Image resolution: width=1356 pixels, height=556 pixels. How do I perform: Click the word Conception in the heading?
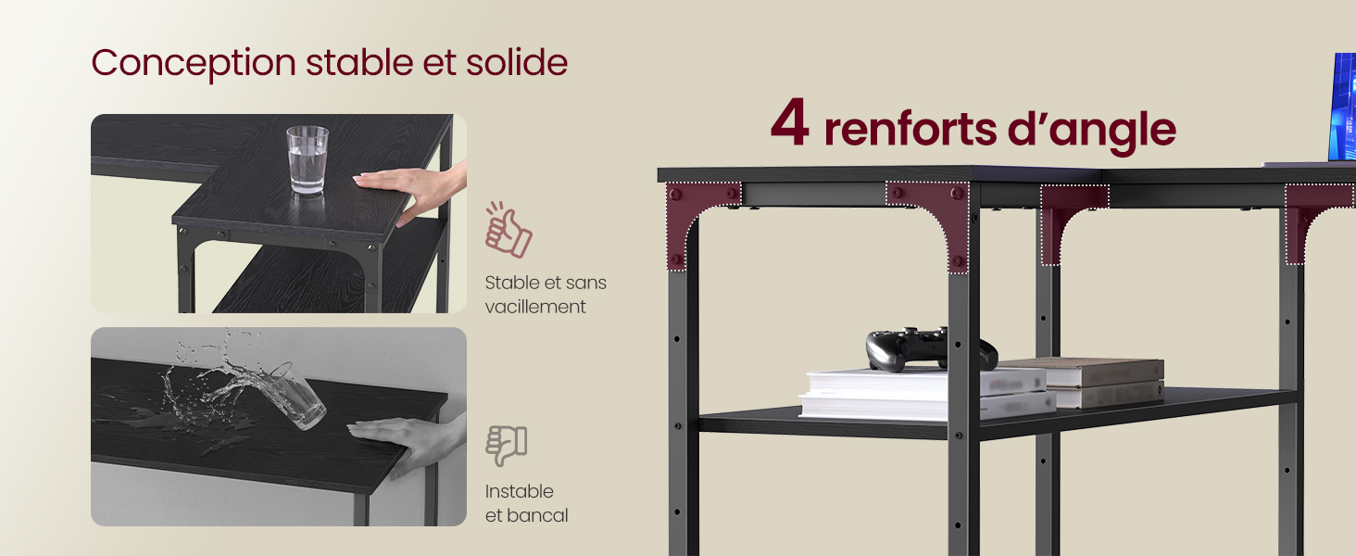coord(193,64)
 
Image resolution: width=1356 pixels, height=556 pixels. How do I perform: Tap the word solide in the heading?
coord(516,62)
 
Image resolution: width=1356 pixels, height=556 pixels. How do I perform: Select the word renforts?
coord(910,129)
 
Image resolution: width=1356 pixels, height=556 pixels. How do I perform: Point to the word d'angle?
coord(1091,132)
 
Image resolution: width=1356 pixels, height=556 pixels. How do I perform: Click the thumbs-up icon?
coord(508,230)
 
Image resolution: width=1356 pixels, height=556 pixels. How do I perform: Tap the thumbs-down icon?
coord(506,445)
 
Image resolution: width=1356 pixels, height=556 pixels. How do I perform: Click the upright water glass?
coord(308,160)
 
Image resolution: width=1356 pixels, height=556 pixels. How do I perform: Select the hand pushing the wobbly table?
coord(409,445)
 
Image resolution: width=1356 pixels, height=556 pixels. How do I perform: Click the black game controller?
coord(931,349)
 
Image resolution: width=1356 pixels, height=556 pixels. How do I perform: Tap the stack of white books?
coord(926,394)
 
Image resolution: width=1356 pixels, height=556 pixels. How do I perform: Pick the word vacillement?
coord(535,307)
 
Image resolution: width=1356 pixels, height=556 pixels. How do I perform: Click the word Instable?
coord(520,490)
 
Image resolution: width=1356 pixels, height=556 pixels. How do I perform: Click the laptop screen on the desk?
coord(1341,107)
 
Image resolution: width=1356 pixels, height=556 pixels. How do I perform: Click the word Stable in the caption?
coord(512,283)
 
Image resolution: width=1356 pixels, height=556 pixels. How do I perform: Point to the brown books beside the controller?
coord(1089,382)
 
